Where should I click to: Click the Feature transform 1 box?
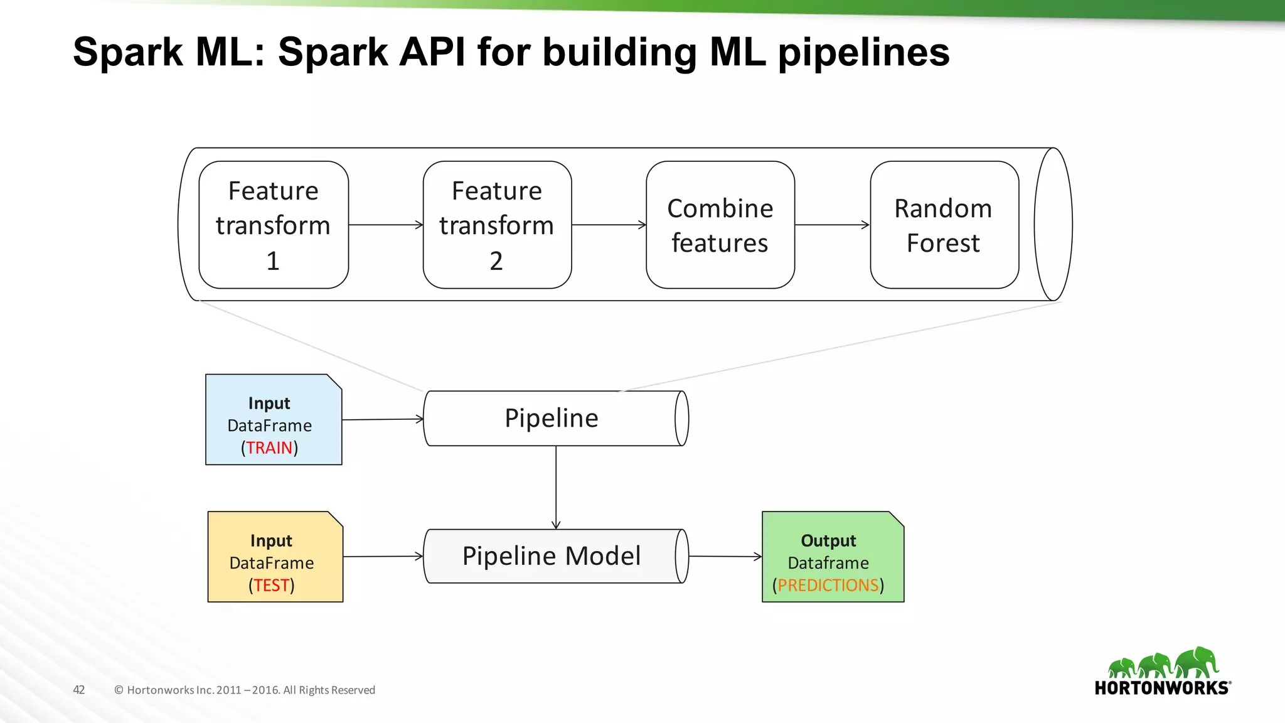click(274, 225)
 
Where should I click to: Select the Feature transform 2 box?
click(498, 225)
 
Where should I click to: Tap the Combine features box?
click(720, 225)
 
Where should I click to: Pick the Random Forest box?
click(944, 225)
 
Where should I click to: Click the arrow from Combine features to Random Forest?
click(833, 225)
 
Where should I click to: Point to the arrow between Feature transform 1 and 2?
click(386, 225)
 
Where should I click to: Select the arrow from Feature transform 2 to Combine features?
click(609, 225)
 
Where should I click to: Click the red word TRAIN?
click(269, 448)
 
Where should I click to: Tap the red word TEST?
click(271, 586)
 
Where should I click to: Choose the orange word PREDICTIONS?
click(828, 586)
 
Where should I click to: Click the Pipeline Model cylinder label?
click(552, 556)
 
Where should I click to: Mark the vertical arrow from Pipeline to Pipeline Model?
click(556, 488)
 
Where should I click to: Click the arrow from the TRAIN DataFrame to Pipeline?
click(383, 419)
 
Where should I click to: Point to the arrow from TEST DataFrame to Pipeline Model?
click(383, 556)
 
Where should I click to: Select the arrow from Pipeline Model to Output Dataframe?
click(725, 556)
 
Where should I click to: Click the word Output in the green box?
click(828, 540)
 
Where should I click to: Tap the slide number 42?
click(79, 690)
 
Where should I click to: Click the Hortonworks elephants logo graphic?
click(1163, 662)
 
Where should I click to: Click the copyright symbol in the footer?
click(119, 690)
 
